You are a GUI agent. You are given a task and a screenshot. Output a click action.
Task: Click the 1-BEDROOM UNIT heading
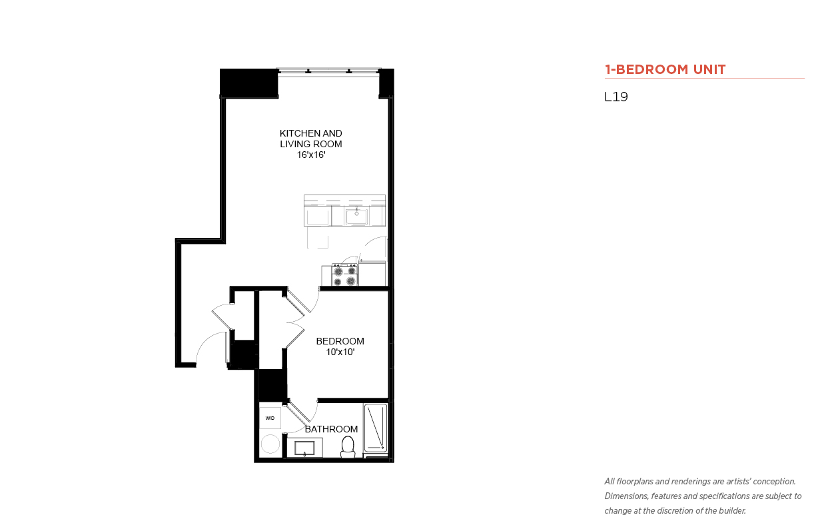tap(665, 69)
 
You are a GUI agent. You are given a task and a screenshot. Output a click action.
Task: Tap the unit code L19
tap(616, 97)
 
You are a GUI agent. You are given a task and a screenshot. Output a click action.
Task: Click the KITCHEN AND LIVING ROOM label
tap(311, 139)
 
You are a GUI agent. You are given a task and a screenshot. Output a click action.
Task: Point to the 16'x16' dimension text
tap(311, 155)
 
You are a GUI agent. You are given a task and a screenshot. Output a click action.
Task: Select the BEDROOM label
tap(340, 341)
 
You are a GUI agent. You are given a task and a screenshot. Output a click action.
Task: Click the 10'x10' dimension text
tap(340, 352)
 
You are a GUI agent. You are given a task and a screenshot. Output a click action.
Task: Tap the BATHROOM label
tap(331, 429)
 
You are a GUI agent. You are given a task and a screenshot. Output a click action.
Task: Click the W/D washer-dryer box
tap(270, 418)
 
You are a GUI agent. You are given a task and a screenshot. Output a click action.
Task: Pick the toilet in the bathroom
tap(348, 447)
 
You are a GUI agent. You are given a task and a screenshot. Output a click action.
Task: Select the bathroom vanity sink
tap(304, 448)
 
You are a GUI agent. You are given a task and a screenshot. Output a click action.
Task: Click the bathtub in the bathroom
tap(376, 428)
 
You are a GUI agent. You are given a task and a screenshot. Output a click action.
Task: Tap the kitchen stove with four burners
tap(345, 274)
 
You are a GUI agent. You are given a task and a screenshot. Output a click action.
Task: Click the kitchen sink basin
tap(356, 216)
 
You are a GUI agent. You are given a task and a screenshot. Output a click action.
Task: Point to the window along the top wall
tap(328, 71)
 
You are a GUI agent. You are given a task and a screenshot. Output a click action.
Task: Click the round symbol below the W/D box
tap(270, 444)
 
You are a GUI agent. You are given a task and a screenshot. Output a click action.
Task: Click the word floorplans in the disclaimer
tap(635, 482)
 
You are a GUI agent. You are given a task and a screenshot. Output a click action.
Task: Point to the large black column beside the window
tap(249, 83)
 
